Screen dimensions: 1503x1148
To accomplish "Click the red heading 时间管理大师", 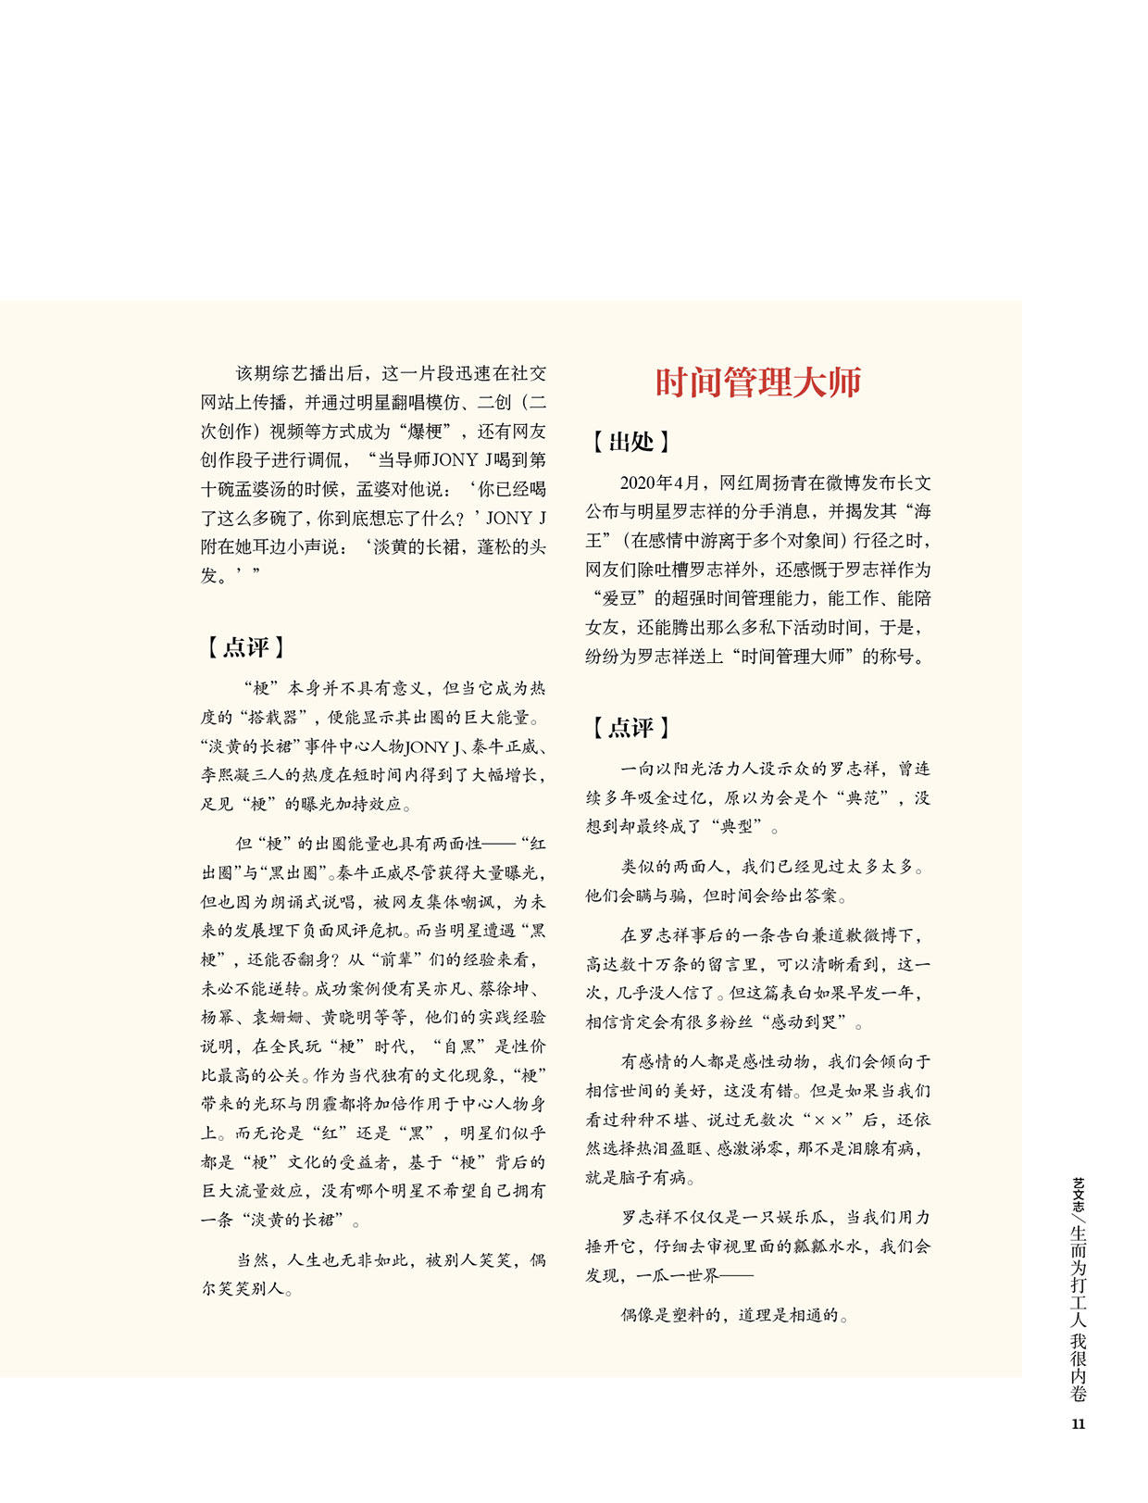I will tap(758, 382).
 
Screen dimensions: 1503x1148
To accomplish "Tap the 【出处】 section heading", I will tap(630, 442).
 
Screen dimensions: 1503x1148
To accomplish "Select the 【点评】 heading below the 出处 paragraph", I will tap(630, 728).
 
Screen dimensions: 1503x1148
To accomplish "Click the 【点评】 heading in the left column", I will tap(245, 647).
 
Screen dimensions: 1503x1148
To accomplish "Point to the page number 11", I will tap(1078, 1423).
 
